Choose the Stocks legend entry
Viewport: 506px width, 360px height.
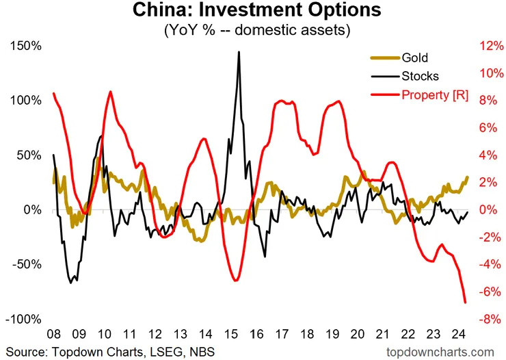(420, 76)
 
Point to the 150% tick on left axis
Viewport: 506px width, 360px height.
(27, 45)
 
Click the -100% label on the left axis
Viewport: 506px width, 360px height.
(25, 319)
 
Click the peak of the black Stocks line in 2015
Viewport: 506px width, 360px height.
(239, 52)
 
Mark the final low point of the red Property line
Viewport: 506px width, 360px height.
(466, 302)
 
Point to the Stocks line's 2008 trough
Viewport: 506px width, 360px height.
(71, 282)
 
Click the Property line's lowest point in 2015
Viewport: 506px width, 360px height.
(235, 280)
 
